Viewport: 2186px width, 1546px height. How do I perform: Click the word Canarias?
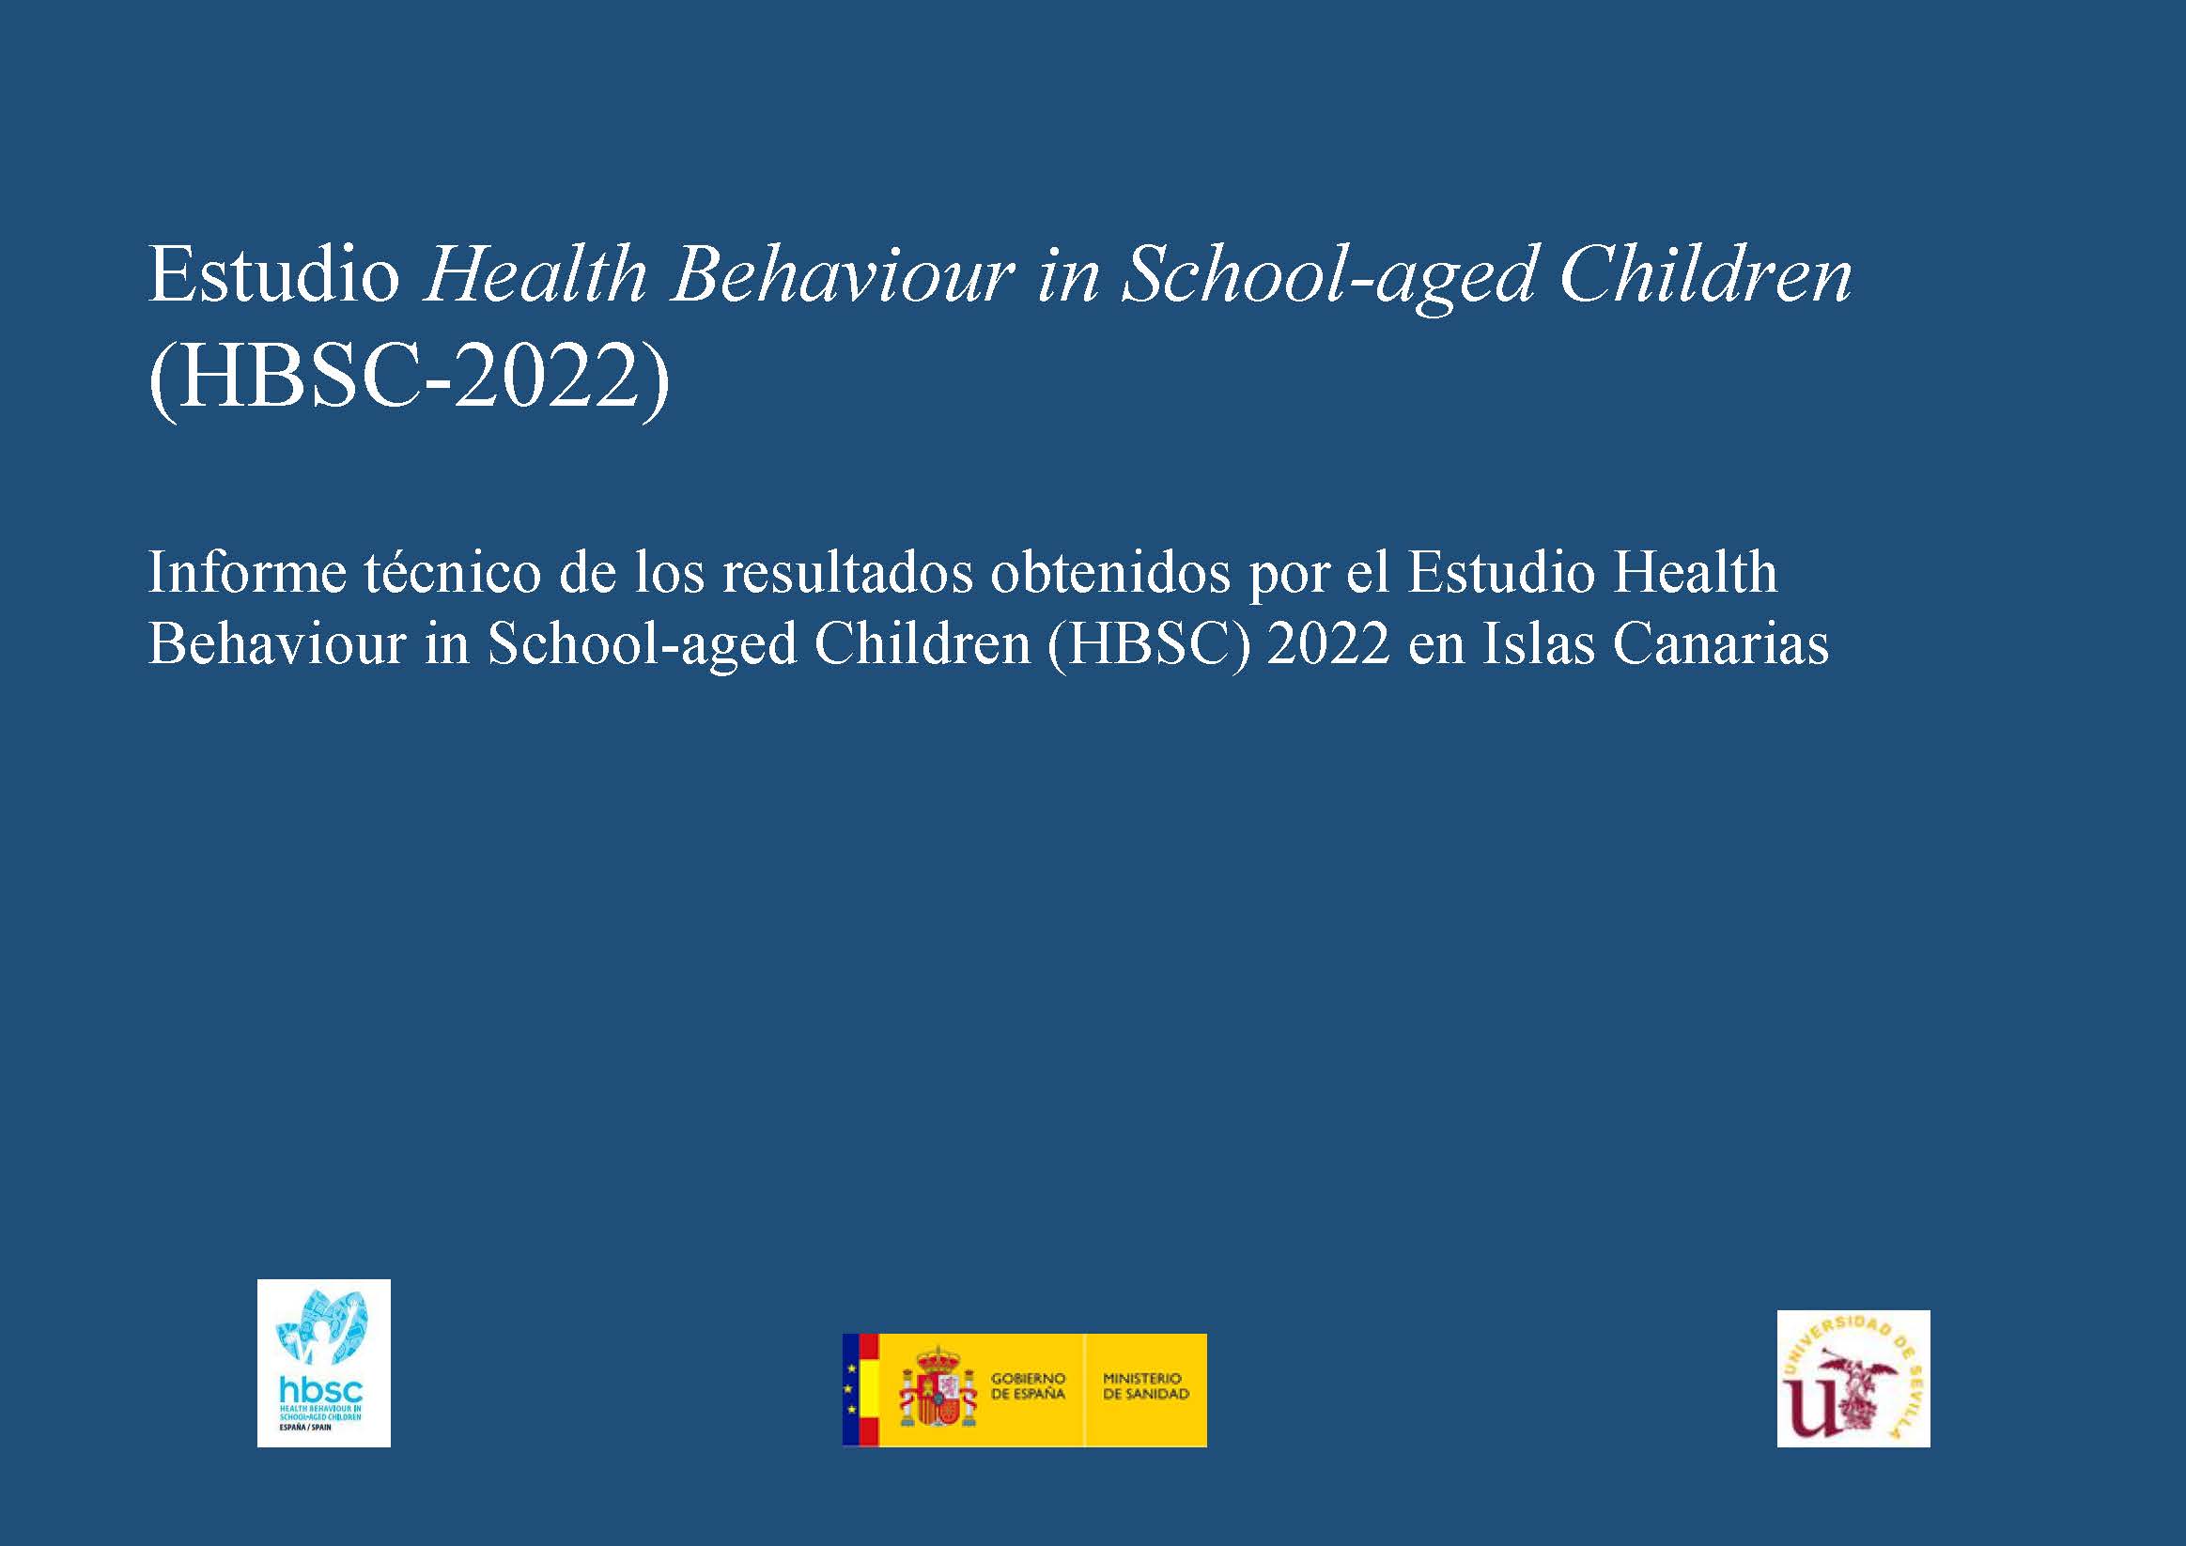1720,644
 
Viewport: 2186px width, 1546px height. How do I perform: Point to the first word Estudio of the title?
274,277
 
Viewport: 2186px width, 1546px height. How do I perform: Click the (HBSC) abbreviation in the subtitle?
1148,645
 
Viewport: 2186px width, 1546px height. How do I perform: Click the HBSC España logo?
324,1362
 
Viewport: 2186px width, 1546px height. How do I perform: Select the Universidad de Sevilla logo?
1853,1378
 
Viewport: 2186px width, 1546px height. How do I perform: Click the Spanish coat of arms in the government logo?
938,1390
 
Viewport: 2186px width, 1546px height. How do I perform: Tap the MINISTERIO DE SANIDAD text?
1145,1386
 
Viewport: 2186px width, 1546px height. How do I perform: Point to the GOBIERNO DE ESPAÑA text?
1029,1386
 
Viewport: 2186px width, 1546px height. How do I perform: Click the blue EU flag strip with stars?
850,1390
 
